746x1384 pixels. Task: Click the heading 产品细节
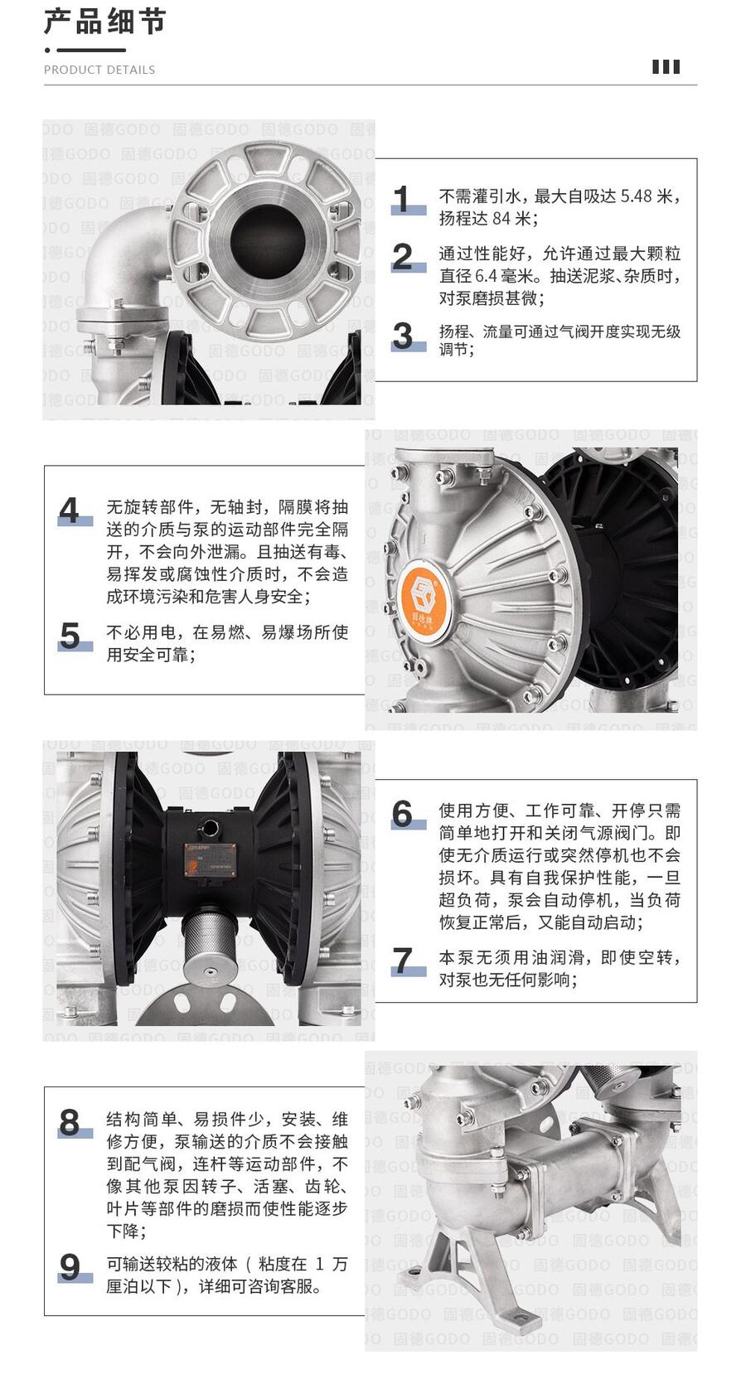pyautogui.click(x=104, y=22)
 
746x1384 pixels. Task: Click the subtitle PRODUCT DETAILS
pyautogui.click(x=99, y=70)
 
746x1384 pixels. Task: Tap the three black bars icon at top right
pyautogui.click(x=666, y=67)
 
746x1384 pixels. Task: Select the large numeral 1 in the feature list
pyautogui.click(x=402, y=199)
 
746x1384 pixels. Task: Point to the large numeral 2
pyautogui.click(x=403, y=256)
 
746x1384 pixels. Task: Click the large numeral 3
pyautogui.click(x=403, y=336)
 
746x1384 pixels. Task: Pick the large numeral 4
pyautogui.click(x=70, y=511)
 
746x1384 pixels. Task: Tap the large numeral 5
pyautogui.click(x=70, y=635)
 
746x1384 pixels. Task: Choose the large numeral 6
pyautogui.click(x=403, y=814)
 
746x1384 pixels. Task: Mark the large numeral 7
pyautogui.click(x=403, y=961)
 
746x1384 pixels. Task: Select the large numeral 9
pyautogui.click(x=70, y=1267)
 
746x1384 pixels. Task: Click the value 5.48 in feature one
pyautogui.click(x=637, y=196)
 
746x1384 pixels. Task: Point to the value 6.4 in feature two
pyautogui.click(x=486, y=276)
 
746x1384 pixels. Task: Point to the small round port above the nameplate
pyautogui.click(x=211, y=826)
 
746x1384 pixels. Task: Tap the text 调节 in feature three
pyautogui.click(x=456, y=350)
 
